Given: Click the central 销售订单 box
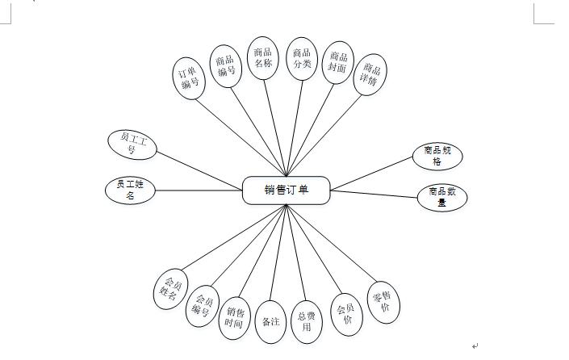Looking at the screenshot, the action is [x=286, y=190].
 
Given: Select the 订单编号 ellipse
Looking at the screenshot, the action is [x=190, y=77].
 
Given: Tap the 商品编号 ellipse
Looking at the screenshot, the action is [x=226, y=65].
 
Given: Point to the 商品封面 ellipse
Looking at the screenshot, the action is [x=337, y=63].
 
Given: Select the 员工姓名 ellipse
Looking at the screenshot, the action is [x=129, y=190].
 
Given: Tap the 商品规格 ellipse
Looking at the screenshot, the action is [x=436, y=156].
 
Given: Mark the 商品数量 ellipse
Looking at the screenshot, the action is [x=442, y=198].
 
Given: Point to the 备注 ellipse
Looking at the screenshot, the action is [x=271, y=321].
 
